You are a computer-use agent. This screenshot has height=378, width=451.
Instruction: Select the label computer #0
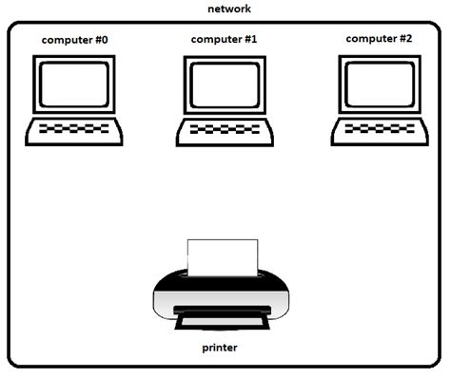coord(74,40)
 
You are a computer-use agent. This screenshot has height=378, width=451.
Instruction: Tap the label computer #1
coord(224,40)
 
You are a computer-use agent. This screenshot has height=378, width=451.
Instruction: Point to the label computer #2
coord(379,39)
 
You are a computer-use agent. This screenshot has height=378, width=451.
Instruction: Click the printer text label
coord(220,348)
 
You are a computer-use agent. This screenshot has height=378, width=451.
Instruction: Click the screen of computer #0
coord(74,85)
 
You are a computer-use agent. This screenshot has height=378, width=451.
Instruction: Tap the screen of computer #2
coord(379,85)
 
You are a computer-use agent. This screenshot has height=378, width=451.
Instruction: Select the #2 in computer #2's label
coord(404,39)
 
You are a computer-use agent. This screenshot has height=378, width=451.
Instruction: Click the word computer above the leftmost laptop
coord(64,40)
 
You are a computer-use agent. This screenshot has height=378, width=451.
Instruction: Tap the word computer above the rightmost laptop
coord(369,39)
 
